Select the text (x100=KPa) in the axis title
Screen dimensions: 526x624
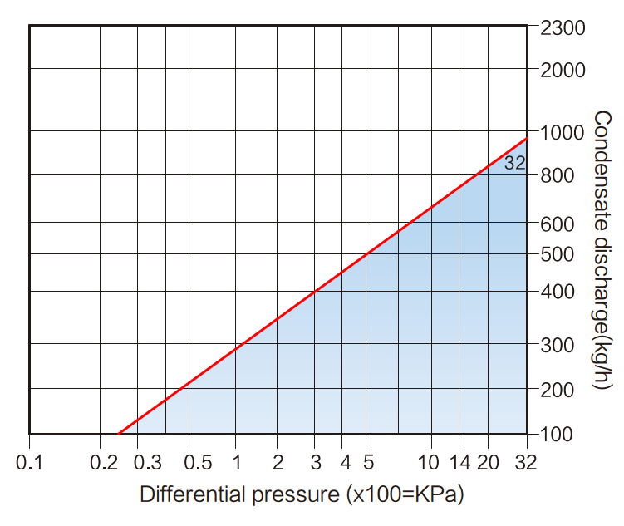pyautogui.click(x=403, y=495)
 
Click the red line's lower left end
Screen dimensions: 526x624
pyautogui.click(x=119, y=434)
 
